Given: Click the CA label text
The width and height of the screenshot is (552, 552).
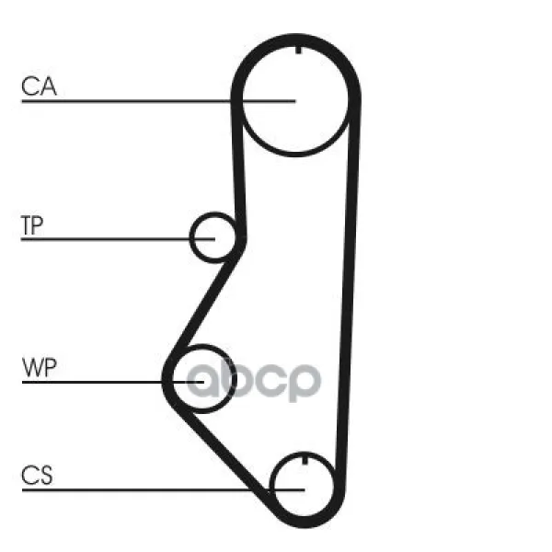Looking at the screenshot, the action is click(x=39, y=86).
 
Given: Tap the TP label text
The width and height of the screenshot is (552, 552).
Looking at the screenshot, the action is click(x=32, y=225).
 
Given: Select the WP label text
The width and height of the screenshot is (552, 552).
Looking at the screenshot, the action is click(x=39, y=367).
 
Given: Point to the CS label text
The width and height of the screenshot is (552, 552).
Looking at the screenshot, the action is click(x=37, y=475).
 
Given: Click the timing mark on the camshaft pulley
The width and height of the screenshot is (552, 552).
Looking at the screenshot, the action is click(x=298, y=50).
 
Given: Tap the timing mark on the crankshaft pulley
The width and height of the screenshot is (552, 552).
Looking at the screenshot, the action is click(x=305, y=459).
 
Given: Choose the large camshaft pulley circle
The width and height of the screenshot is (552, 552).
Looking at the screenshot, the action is click(x=295, y=155).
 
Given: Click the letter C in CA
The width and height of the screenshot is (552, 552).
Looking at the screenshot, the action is click(x=29, y=86).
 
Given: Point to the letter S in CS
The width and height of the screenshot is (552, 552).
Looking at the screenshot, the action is click(x=46, y=475).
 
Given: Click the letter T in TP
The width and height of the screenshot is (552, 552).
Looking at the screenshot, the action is click(x=27, y=225).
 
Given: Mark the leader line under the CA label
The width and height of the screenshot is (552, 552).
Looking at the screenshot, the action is click(x=158, y=101).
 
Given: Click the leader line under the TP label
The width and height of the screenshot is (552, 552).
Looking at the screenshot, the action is click(x=118, y=239).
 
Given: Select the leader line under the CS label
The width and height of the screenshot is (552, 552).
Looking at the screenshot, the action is click(x=163, y=489).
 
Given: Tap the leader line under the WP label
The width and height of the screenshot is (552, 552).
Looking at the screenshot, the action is click(x=113, y=382).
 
